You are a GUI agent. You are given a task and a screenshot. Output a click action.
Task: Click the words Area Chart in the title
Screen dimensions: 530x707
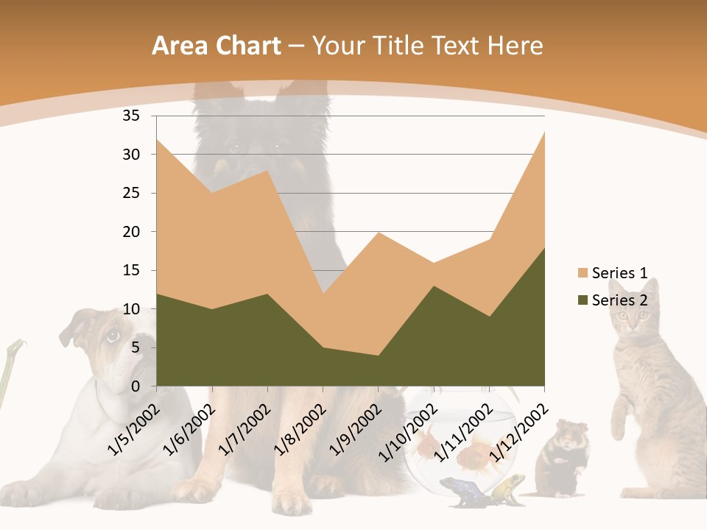[x=217, y=46]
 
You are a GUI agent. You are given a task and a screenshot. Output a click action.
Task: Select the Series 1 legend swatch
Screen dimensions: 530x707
[x=583, y=273]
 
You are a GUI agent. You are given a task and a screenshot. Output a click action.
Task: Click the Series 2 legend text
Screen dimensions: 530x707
[x=619, y=300]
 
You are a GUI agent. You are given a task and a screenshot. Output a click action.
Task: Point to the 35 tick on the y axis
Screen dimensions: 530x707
[x=131, y=116]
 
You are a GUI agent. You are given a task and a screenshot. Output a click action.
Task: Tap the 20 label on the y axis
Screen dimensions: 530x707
[x=131, y=232]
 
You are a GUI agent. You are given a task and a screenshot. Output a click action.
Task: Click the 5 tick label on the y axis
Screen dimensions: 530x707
[x=136, y=347]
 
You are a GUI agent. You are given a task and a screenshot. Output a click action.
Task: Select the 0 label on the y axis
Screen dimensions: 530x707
[x=136, y=386]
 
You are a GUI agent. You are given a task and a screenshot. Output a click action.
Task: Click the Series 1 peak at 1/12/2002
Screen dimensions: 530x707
[x=544, y=132]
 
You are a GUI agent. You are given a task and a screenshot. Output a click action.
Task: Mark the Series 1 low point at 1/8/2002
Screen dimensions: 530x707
[x=323, y=294]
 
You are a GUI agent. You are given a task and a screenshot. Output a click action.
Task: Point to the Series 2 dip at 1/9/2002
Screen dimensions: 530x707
[x=378, y=356]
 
